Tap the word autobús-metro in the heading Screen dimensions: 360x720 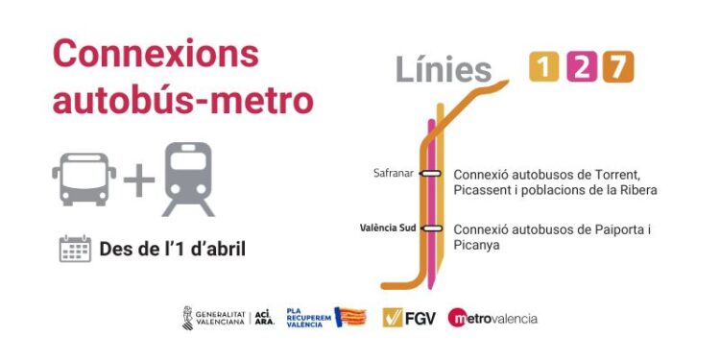tap(182, 99)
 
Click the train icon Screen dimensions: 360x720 tap(188, 179)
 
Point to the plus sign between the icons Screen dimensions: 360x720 tap(138, 180)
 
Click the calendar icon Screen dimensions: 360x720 tap(75, 249)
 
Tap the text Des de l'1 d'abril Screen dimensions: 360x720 tap(173, 250)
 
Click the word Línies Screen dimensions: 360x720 tap(444, 69)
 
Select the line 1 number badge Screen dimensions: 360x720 tap(544, 67)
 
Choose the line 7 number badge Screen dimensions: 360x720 tap(618, 67)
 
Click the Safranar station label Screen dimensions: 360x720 tap(393, 174)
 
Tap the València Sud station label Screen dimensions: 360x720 tap(387, 228)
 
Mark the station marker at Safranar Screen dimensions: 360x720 tap(431, 174)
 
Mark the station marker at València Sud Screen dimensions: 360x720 tap(431, 228)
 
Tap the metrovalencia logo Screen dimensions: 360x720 tap(492, 318)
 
